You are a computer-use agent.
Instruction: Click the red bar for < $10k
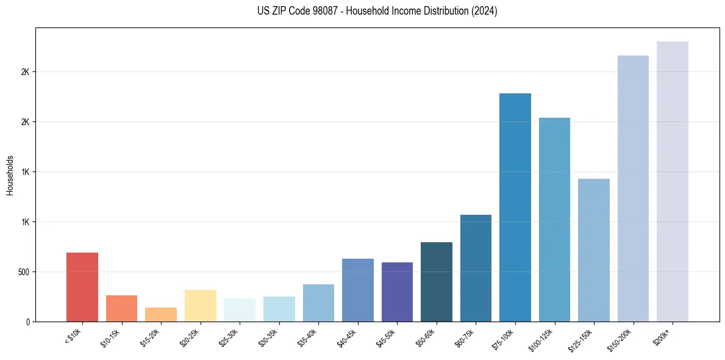point(82,287)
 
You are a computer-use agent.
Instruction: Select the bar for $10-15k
point(121,308)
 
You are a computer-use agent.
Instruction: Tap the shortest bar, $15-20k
point(161,314)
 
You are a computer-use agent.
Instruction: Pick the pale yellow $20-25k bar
point(200,305)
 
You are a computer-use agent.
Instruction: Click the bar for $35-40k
point(318,303)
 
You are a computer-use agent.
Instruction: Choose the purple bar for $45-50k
point(397,292)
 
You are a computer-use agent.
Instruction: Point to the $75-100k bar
point(515,207)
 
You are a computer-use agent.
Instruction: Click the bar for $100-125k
point(554,220)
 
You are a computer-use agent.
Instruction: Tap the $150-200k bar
point(633,189)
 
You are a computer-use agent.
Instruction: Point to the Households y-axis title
point(10,175)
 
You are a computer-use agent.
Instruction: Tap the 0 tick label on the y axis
point(27,322)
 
